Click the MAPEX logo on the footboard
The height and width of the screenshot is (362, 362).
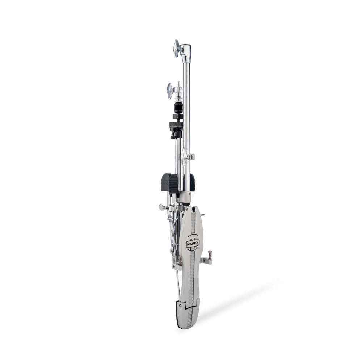pos(193,243)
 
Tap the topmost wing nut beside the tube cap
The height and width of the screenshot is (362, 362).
pos(177,48)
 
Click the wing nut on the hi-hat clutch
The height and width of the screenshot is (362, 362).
pos(170,91)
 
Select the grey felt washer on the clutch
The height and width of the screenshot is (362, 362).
pos(176,125)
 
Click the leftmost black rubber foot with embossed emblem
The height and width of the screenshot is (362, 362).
pos(165,182)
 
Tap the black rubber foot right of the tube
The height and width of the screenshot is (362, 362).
pos(192,182)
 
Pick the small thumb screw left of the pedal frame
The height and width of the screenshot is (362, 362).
pos(163,207)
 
